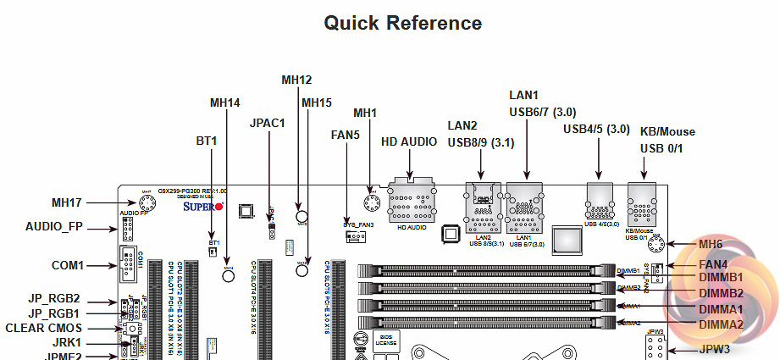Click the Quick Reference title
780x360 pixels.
403,23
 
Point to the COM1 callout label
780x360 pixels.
67,265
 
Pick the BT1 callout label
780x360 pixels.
207,139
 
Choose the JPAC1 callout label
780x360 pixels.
268,122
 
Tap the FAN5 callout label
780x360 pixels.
346,134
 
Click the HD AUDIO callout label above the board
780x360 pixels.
409,141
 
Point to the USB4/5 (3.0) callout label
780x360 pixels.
596,129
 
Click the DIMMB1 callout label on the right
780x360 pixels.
722,277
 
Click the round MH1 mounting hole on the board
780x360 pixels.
370,203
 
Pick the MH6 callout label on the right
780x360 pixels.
711,245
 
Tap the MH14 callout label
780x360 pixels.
225,103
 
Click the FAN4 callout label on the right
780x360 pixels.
713,263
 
